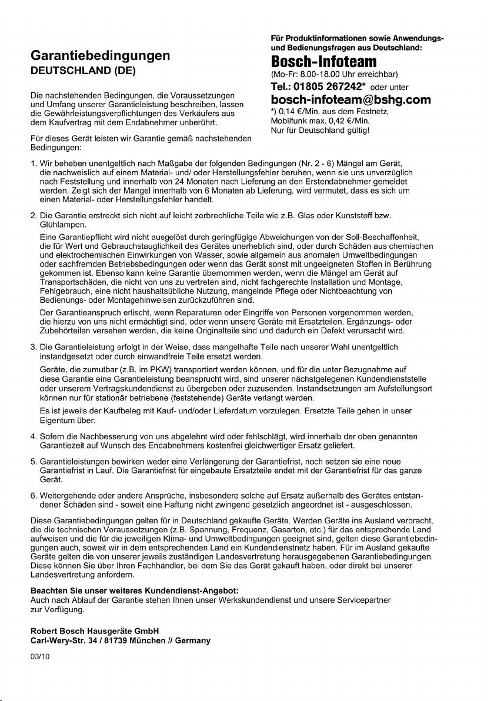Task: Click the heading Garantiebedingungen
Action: tap(101, 56)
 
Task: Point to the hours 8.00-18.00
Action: tap(321, 75)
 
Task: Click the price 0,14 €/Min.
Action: tap(297, 111)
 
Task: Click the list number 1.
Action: tap(33, 163)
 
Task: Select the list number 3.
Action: tap(33, 348)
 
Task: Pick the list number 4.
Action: tap(33, 436)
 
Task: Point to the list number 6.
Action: tap(33, 495)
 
